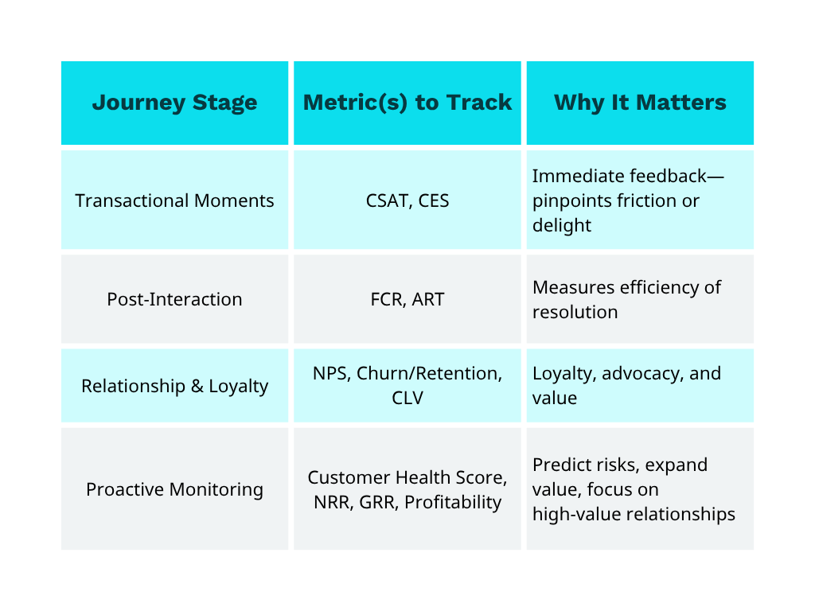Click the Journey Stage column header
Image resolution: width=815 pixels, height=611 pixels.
click(174, 103)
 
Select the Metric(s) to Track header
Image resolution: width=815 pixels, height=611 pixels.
click(407, 103)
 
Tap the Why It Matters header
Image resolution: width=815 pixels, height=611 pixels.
click(640, 103)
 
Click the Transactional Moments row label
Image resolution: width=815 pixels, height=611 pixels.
click(174, 200)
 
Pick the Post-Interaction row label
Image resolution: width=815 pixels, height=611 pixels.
click(174, 299)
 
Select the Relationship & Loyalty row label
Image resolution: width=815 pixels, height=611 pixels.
click(174, 386)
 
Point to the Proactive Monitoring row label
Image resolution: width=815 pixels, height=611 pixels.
click(174, 488)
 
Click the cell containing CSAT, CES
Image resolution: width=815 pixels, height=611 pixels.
click(407, 200)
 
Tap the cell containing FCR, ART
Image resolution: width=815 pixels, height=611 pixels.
click(407, 299)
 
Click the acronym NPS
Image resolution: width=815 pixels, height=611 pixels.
click(330, 374)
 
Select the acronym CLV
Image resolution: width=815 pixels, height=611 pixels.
click(407, 398)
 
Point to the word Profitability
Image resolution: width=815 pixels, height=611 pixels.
click(453, 502)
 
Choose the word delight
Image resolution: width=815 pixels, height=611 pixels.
click(562, 225)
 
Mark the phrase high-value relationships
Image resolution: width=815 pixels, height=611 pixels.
click(634, 514)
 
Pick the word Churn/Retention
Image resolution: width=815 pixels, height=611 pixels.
click(430, 374)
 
